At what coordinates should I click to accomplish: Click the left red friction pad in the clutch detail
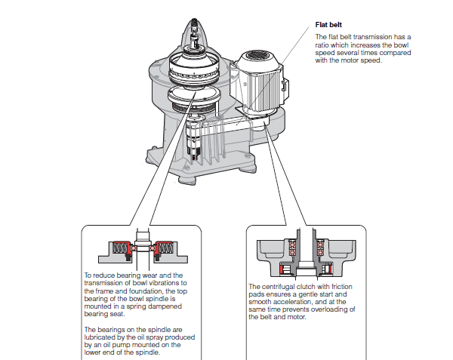pyautogui.click(x=285, y=269)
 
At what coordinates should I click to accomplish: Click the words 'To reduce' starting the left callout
pyautogui.click(x=98, y=275)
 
